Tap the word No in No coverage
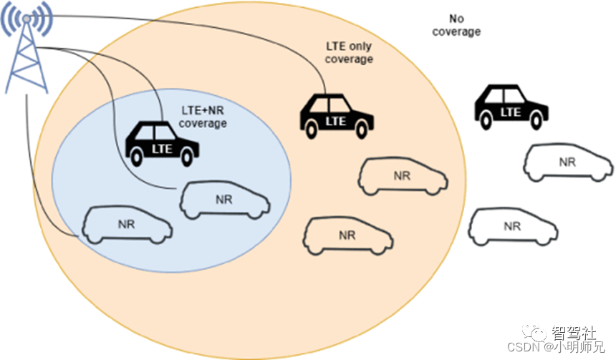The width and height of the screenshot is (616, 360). pyautogui.click(x=456, y=19)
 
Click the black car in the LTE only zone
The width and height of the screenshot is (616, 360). pyautogui.click(x=336, y=115)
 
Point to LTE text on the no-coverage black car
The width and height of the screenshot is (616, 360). pyautogui.click(x=510, y=112)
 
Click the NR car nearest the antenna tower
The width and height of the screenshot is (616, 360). pyautogui.click(x=127, y=224)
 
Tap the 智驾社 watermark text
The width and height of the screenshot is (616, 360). pyautogui.click(x=573, y=334)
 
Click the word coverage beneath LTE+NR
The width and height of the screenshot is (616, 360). pyautogui.click(x=203, y=124)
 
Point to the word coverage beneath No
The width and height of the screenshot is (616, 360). pyautogui.click(x=456, y=31)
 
